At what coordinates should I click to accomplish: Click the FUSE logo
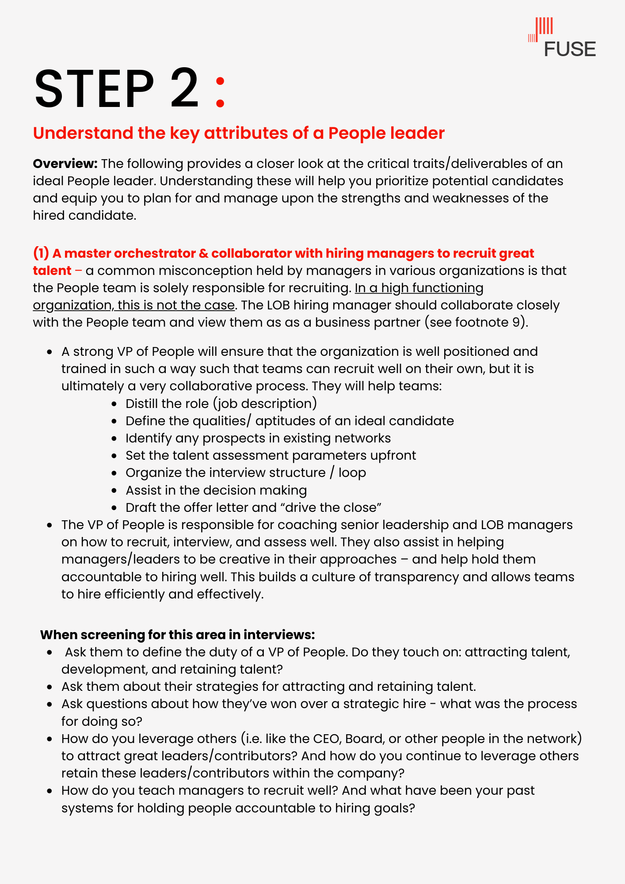click(x=562, y=38)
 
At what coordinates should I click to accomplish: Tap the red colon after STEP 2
click(x=220, y=92)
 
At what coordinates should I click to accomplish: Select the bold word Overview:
click(x=65, y=164)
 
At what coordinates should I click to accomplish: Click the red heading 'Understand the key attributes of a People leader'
click(x=239, y=133)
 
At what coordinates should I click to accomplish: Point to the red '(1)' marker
click(x=41, y=253)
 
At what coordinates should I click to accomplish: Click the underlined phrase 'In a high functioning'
click(x=419, y=288)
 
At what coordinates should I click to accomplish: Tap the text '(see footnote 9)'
click(x=476, y=322)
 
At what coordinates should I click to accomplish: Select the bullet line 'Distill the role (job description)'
click(x=221, y=404)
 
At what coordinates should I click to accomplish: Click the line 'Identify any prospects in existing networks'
click(x=258, y=438)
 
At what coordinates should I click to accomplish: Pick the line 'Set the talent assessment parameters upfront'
click(x=271, y=455)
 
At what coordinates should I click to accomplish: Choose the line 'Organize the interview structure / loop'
click(x=246, y=472)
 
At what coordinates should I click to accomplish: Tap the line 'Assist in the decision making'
click(x=216, y=490)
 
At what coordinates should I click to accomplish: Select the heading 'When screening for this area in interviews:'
click(x=177, y=635)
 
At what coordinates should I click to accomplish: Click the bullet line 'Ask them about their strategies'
click(x=268, y=686)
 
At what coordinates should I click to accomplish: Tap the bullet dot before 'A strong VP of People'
click(x=50, y=352)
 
